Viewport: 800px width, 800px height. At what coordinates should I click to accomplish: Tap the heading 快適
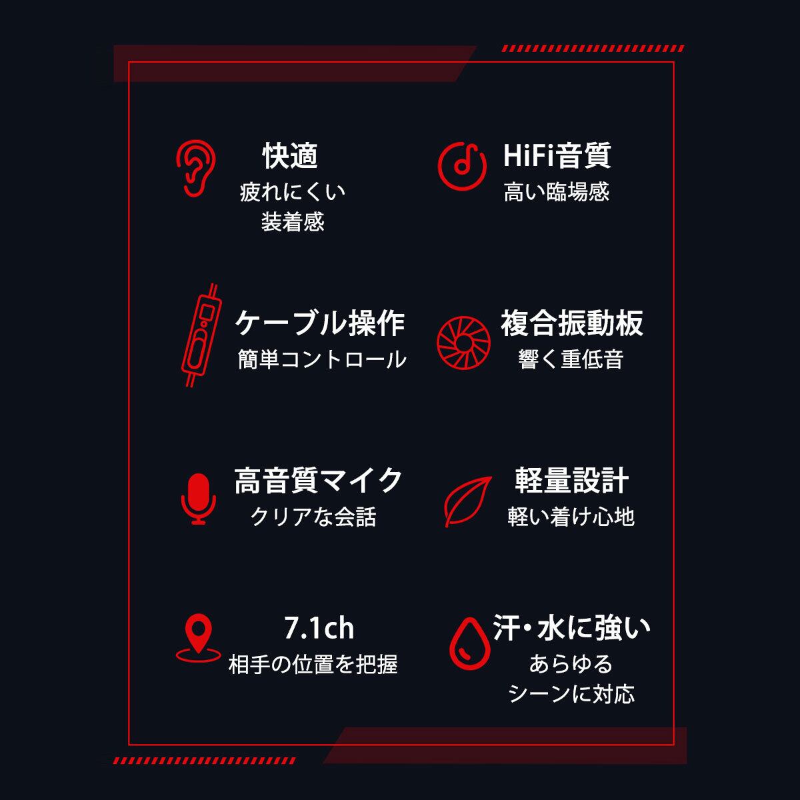coord(291,156)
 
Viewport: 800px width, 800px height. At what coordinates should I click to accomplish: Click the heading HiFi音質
coord(557,156)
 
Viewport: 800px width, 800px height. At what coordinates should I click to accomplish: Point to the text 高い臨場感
coord(557,193)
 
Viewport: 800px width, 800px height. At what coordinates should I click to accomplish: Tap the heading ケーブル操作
coord(320,323)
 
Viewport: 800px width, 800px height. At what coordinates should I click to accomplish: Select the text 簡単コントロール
coord(322,359)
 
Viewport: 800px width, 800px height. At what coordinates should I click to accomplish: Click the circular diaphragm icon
coord(463,339)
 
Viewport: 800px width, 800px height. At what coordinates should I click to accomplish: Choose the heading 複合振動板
coord(572,323)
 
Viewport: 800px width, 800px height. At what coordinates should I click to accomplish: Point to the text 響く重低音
coord(571,359)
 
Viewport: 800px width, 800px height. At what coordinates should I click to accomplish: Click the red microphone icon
coord(199,499)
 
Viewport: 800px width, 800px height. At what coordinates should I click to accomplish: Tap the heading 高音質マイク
coord(319,480)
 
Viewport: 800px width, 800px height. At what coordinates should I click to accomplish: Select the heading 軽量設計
coord(572,480)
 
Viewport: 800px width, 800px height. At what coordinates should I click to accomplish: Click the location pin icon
coord(198,638)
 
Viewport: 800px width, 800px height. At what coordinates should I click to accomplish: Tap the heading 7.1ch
coord(319,628)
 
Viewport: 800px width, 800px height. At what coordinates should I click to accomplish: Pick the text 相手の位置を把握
coord(313,664)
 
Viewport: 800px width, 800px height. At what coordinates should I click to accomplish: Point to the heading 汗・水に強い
coord(572,628)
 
